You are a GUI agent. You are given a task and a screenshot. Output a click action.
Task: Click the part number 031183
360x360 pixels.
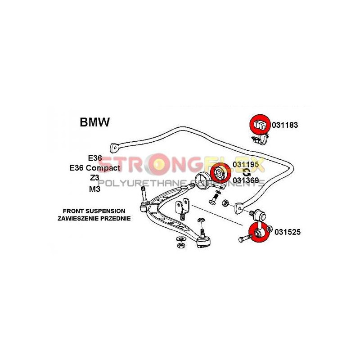click(284, 125)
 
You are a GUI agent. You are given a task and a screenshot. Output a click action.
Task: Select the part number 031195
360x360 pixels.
click(246, 165)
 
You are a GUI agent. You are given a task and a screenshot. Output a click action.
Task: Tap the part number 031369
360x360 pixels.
click(246, 180)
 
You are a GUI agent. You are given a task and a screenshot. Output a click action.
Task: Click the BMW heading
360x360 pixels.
click(94, 122)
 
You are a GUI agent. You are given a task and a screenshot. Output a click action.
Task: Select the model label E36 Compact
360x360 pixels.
click(94, 168)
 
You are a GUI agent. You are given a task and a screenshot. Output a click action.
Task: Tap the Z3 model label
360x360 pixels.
click(94, 178)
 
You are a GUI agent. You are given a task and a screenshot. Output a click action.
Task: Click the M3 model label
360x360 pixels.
click(94, 189)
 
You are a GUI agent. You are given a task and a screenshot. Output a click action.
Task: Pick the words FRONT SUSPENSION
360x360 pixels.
click(94, 211)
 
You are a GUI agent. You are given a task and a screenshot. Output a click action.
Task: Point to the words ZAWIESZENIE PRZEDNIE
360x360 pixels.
click(94, 218)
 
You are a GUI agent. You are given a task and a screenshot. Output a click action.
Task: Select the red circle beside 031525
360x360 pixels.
click(258, 232)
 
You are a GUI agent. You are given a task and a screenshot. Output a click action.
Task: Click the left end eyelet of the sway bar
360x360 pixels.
click(114, 147)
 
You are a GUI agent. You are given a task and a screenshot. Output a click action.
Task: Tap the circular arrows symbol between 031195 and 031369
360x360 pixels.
click(246, 173)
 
